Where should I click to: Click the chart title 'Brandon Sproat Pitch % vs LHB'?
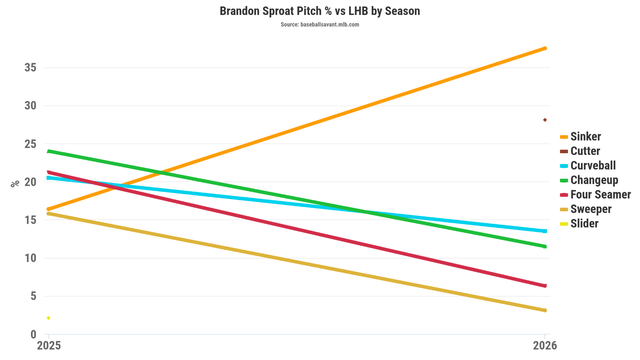click(320, 11)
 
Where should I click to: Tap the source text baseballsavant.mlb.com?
click(320, 25)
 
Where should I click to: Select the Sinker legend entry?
click(585, 136)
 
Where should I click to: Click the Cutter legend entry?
click(585, 151)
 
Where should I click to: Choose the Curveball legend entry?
click(593, 166)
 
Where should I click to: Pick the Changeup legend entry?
click(594, 180)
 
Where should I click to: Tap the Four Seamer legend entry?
click(600, 195)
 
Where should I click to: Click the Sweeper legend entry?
click(591, 209)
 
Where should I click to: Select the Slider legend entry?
click(584, 224)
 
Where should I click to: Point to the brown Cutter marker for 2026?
click(545, 120)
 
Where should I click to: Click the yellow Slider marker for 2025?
click(48, 318)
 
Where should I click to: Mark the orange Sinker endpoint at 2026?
click(545, 48)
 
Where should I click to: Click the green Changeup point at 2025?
click(49, 151)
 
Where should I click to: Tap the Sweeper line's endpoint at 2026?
click(545, 310)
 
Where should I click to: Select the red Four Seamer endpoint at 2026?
click(545, 286)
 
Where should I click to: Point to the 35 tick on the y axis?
click(31, 68)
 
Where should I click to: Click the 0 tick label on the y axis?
click(33, 334)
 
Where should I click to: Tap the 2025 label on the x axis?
click(49, 346)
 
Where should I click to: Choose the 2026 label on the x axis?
click(545, 346)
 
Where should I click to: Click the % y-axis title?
click(15, 184)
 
